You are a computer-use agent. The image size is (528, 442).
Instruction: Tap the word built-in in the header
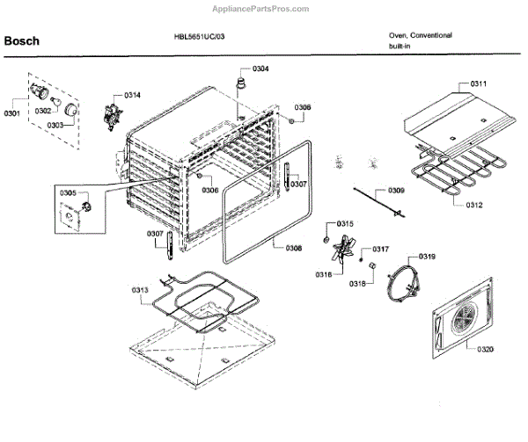[401, 46]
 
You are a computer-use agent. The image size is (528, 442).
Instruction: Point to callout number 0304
[260, 69]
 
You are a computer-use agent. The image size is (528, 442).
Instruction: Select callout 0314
[132, 94]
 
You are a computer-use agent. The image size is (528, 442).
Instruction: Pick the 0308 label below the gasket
[293, 248]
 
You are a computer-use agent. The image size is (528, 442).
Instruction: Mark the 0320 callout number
[485, 349]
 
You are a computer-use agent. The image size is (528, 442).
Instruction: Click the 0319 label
[427, 257]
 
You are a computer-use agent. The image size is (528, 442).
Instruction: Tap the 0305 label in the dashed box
[68, 192]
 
